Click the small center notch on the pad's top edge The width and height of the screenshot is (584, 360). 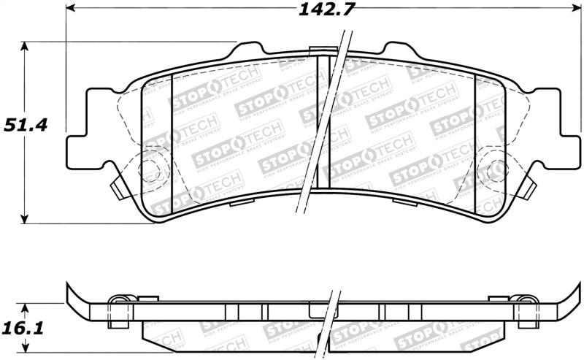point(318,51)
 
